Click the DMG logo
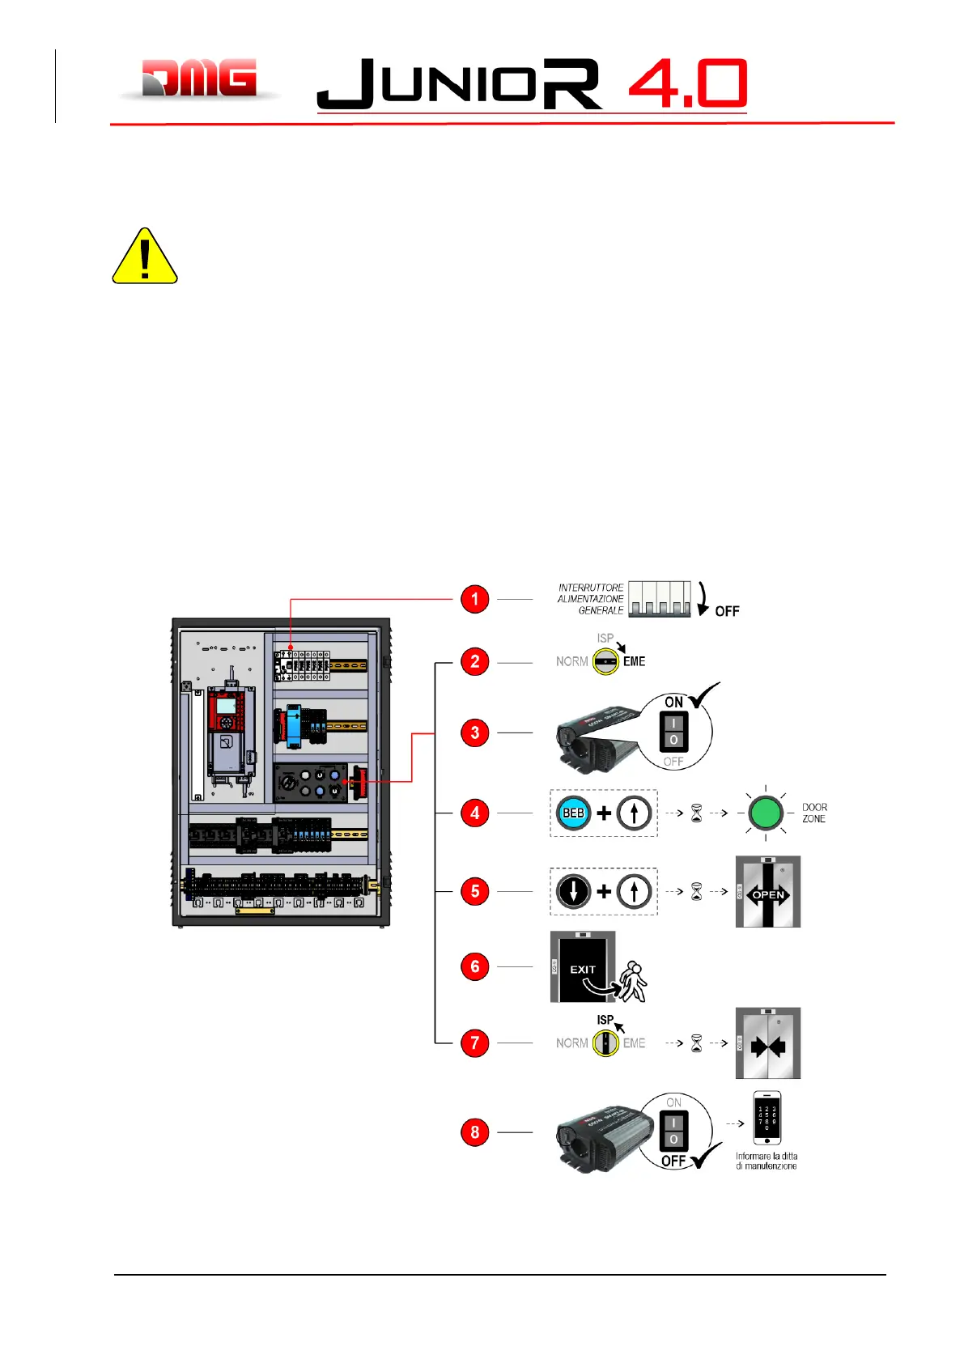(200, 79)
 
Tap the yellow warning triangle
(145, 257)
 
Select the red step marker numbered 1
(475, 600)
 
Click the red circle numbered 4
(475, 813)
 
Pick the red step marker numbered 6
(475, 966)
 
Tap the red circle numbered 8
(475, 1132)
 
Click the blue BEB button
(574, 813)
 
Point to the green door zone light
(765, 813)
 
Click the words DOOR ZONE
(814, 813)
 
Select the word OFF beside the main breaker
(727, 611)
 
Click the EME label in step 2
(634, 661)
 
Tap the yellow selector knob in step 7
(605, 1042)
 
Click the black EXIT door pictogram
(583, 966)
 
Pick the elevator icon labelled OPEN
(767, 891)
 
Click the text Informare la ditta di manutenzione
(767, 1161)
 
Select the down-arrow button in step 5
(574, 891)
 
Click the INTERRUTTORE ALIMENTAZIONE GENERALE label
(591, 599)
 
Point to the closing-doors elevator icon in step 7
(767, 1043)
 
